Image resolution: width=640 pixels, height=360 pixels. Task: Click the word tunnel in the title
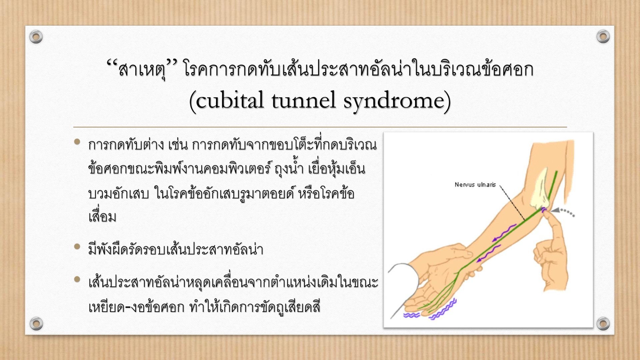303,100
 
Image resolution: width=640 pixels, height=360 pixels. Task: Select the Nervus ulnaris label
475,185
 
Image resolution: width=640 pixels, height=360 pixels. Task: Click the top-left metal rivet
36,37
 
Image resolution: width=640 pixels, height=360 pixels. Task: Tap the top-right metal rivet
603,36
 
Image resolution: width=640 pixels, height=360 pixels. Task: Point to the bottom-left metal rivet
36,323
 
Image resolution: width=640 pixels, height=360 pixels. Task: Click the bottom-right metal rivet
603,323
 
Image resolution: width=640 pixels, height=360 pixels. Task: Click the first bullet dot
77,142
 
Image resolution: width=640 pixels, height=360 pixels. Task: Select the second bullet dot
77,247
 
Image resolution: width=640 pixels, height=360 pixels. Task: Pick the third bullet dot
77,279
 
